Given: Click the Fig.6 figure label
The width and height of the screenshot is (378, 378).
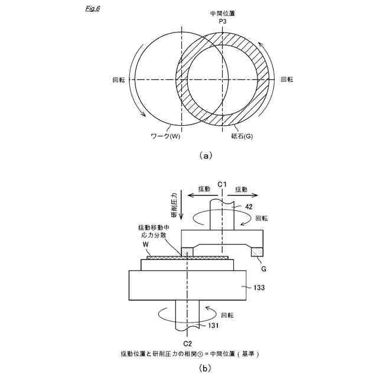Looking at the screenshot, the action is (x=93, y=9).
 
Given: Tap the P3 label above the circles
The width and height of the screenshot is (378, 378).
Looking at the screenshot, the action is (x=223, y=21).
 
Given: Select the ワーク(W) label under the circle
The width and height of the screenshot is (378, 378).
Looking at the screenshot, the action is (x=165, y=136).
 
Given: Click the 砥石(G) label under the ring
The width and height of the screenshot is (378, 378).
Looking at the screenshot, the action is (x=242, y=136).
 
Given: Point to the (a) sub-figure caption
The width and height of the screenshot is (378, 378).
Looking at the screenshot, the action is (x=206, y=156).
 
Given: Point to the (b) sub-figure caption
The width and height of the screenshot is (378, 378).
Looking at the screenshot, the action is (x=206, y=369).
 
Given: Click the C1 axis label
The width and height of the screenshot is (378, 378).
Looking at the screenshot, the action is (x=222, y=184).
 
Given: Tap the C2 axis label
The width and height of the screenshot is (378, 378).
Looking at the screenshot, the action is (x=187, y=343).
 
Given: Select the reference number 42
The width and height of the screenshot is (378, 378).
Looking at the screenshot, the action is (x=249, y=207).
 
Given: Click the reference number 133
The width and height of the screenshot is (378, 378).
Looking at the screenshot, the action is (x=259, y=288).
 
